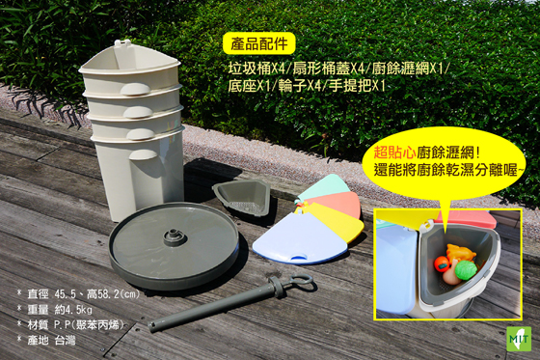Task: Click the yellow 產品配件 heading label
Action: tap(259, 43)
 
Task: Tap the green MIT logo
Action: tap(519, 339)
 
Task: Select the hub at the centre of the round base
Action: tap(175, 236)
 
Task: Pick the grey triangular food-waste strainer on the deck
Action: tap(242, 197)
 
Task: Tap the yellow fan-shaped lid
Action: tap(339, 220)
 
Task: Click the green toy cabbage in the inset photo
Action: tap(466, 269)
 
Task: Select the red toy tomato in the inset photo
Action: tap(442, 264)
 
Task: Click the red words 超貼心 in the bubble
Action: tap(394, 152)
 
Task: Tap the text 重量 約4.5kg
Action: tap(60, 310)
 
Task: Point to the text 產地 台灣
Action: tap(51, 341)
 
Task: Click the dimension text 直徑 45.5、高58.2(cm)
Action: tap(84, 294)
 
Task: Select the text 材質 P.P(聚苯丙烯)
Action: tap(75, 325)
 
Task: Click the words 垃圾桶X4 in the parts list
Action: tap(256, 69)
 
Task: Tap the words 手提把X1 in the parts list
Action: tap(357, 86)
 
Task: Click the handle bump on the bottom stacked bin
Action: tap(144, 154)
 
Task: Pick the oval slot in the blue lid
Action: tap(299, 256)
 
